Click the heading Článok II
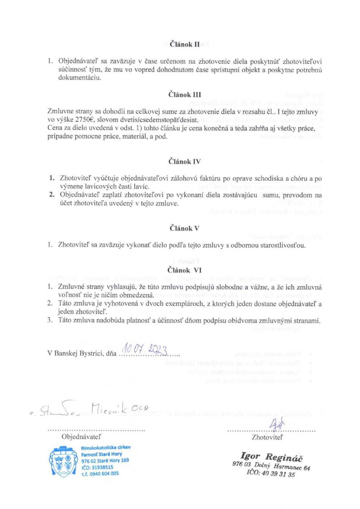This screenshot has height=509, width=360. (181, 44)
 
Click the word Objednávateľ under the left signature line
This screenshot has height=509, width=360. (81, 436)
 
